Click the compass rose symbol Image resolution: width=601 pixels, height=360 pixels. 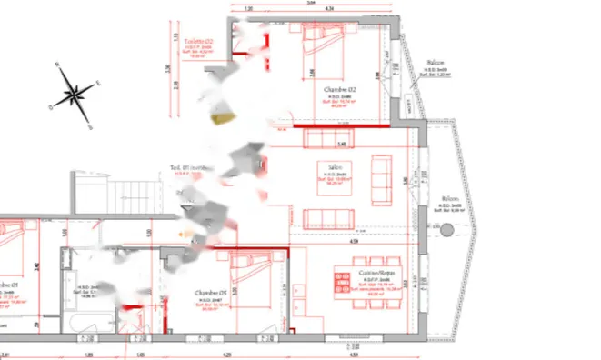(x=75, y=92)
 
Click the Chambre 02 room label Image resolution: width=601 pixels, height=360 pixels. (x=337, y=90)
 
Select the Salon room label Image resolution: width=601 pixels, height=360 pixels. (x=328, y=166)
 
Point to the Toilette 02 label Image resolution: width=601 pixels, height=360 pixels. (x=198, y=42)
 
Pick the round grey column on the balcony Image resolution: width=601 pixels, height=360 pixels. (x=446, y=232)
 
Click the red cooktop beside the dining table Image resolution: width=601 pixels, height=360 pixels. (x=342, y=281)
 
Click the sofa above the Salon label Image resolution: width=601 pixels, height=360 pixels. (x=325, y=137)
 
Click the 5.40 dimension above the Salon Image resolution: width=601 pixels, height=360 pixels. (x=342, y=145)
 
